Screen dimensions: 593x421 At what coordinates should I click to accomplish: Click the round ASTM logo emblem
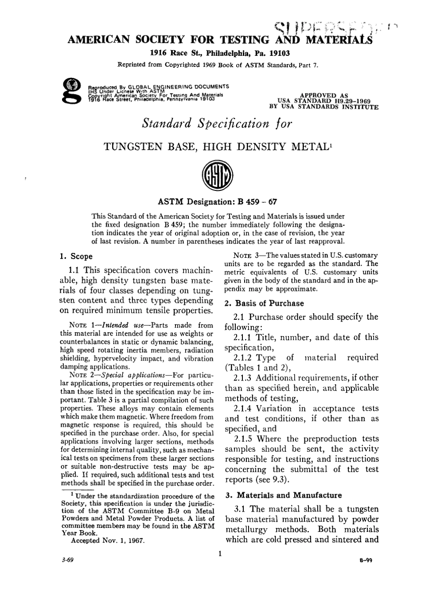(x=217, y=179)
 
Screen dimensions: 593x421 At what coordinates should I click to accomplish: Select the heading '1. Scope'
(x=76, y=256)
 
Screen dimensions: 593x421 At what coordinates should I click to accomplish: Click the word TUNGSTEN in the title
(x=133, y=147)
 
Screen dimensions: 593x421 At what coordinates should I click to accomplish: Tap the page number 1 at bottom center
(x=219, y=554)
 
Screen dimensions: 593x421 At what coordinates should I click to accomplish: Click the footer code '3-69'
(x=68, y=560)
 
